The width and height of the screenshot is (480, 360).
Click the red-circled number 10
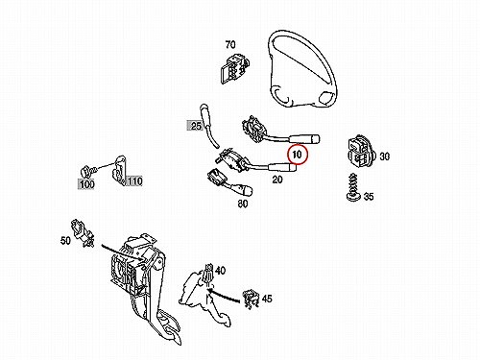tap(298, 155)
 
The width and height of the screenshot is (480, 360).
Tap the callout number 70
tap(230, 44)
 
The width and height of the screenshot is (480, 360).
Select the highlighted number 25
tap(196, 126)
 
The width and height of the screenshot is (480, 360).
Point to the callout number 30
tap(385, 156)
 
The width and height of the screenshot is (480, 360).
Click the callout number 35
tap(369, 196)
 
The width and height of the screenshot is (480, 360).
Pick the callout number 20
tap(277, 180)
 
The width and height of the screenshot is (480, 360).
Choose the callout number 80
tap(243, 204)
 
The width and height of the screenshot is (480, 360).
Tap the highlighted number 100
tap(86, 184)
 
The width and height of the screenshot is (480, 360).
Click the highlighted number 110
tap(134, 181)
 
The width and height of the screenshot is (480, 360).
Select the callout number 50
tap(65, 240)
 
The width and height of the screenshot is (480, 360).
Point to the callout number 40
tap(220, 271)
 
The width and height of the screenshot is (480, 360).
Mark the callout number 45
tap(267, 299)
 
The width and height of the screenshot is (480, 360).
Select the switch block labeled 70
tap(234, 68)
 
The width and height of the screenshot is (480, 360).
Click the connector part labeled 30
tap(361, 151)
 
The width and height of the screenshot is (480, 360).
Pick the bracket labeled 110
tap(119, 170)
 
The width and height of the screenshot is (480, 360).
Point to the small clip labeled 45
tap(251, 300)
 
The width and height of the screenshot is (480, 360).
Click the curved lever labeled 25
tap(209, 127)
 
